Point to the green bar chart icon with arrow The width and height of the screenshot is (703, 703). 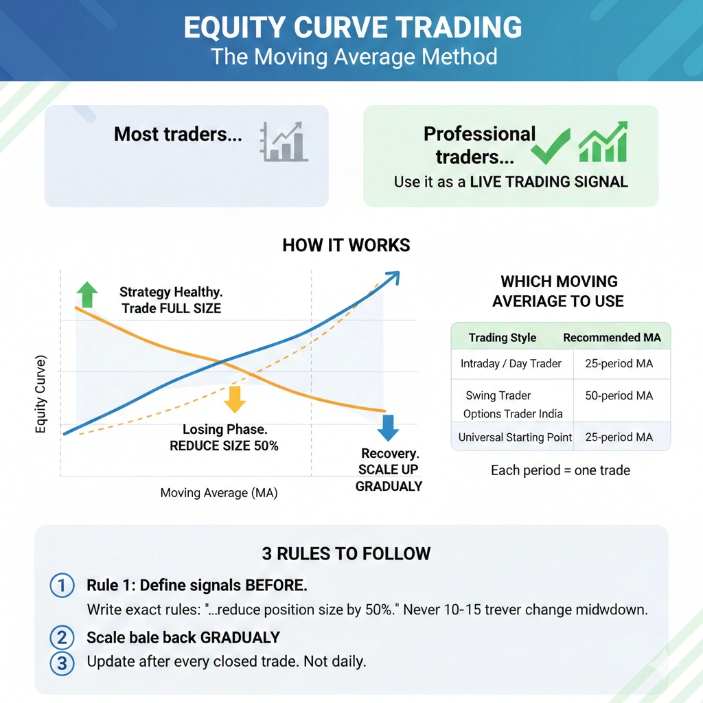click(x=603, y=142)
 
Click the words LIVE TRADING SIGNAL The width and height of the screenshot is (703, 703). click(x=549, y=182)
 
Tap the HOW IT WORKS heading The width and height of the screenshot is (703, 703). click(x=346, y=245)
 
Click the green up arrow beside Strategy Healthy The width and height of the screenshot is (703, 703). click(x=87, y=294)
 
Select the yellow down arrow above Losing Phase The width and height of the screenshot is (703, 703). click(x=235, y=399)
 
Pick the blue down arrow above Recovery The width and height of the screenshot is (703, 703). click(x=388, y=427)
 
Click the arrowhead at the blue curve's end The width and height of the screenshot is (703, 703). click(x=393, y=276)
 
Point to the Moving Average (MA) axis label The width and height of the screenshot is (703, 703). click(x=219, y=493)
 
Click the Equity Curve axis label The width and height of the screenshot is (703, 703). click(x=41, y=395)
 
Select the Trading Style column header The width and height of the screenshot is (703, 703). click(x=503, y=337)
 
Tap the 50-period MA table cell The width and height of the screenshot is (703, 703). click(x=619, y=396)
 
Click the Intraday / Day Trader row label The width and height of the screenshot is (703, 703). click(x=511, y=364)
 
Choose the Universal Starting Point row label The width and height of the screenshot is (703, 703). click(x=515, y=437)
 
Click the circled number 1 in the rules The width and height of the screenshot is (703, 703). click(x=62, y=586)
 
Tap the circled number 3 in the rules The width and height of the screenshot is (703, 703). click(x=62, y=663)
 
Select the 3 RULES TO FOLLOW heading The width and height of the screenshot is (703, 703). click(x=346, y=553)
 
